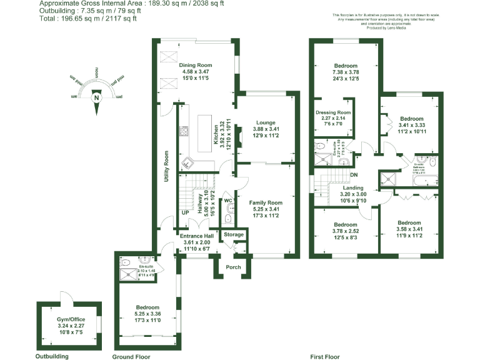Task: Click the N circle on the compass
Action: point(96,97)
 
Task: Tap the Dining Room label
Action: point(196,65)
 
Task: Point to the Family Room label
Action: point(266,202)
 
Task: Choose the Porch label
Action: point(233,267)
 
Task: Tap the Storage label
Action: point(234,234)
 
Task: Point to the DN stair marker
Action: point(353,175)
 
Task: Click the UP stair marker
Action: point(185,213)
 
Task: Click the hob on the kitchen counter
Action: point(184,131)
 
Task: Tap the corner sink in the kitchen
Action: point(187,163)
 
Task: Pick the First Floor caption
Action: point(324,357)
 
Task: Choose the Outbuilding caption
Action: point(52,357)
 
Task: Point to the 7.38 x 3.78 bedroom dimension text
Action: point(346,72)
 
